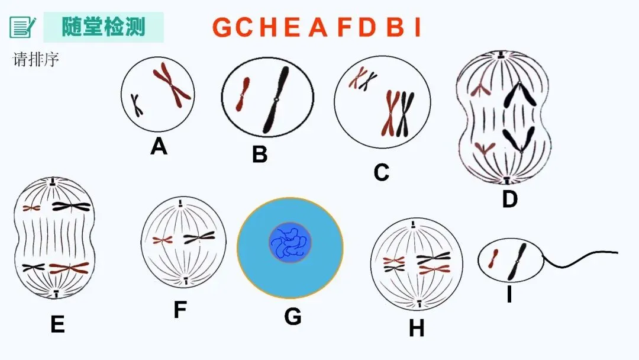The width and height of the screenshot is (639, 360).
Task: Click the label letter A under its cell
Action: click(x=159, y=145)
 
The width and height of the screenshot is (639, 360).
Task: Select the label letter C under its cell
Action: click(x=382, y=172)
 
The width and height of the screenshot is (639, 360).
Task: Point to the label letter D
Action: click(x=509, y=200)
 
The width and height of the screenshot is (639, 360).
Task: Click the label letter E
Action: click(x=57, y=324)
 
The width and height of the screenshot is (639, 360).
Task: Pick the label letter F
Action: click(x=180, y=310)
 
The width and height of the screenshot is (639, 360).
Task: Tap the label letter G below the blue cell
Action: click(x=292, y=317)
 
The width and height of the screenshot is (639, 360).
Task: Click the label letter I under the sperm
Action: click(x=509, y=294)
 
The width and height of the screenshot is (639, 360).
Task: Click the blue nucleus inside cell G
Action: click(x=290, y=243)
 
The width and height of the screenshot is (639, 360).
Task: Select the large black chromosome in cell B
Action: click(x=276, y=99)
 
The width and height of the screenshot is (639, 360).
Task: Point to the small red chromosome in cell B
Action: click(x=241, y=95)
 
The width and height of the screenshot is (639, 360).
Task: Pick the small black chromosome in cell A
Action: click(x=137, y=105)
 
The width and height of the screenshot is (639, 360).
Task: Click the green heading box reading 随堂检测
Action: click(x=104, y=27)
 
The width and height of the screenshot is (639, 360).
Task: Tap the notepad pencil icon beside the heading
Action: click(x=22, y=27)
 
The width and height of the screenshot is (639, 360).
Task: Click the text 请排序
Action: click(x=36, y=60)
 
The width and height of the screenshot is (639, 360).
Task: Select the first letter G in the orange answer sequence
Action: click(x=223, y=27)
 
